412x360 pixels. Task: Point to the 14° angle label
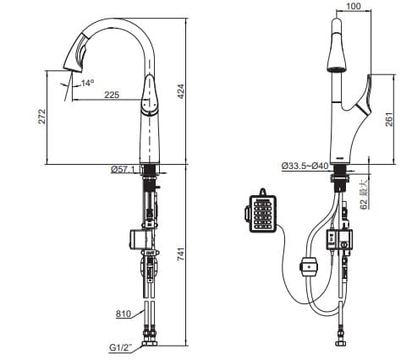click(87, 83)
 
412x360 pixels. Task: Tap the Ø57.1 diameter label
click(124, 170)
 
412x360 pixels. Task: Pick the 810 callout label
click(122, 314)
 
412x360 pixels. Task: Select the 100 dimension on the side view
click(354, 7)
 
